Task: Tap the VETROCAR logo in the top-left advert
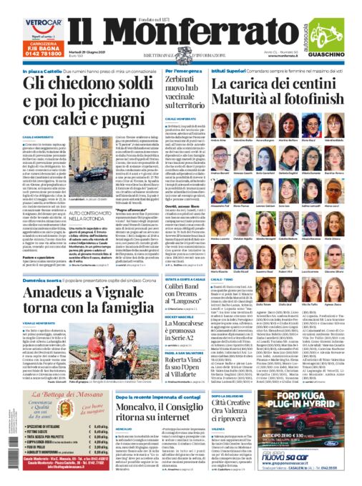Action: coord(23,23)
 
